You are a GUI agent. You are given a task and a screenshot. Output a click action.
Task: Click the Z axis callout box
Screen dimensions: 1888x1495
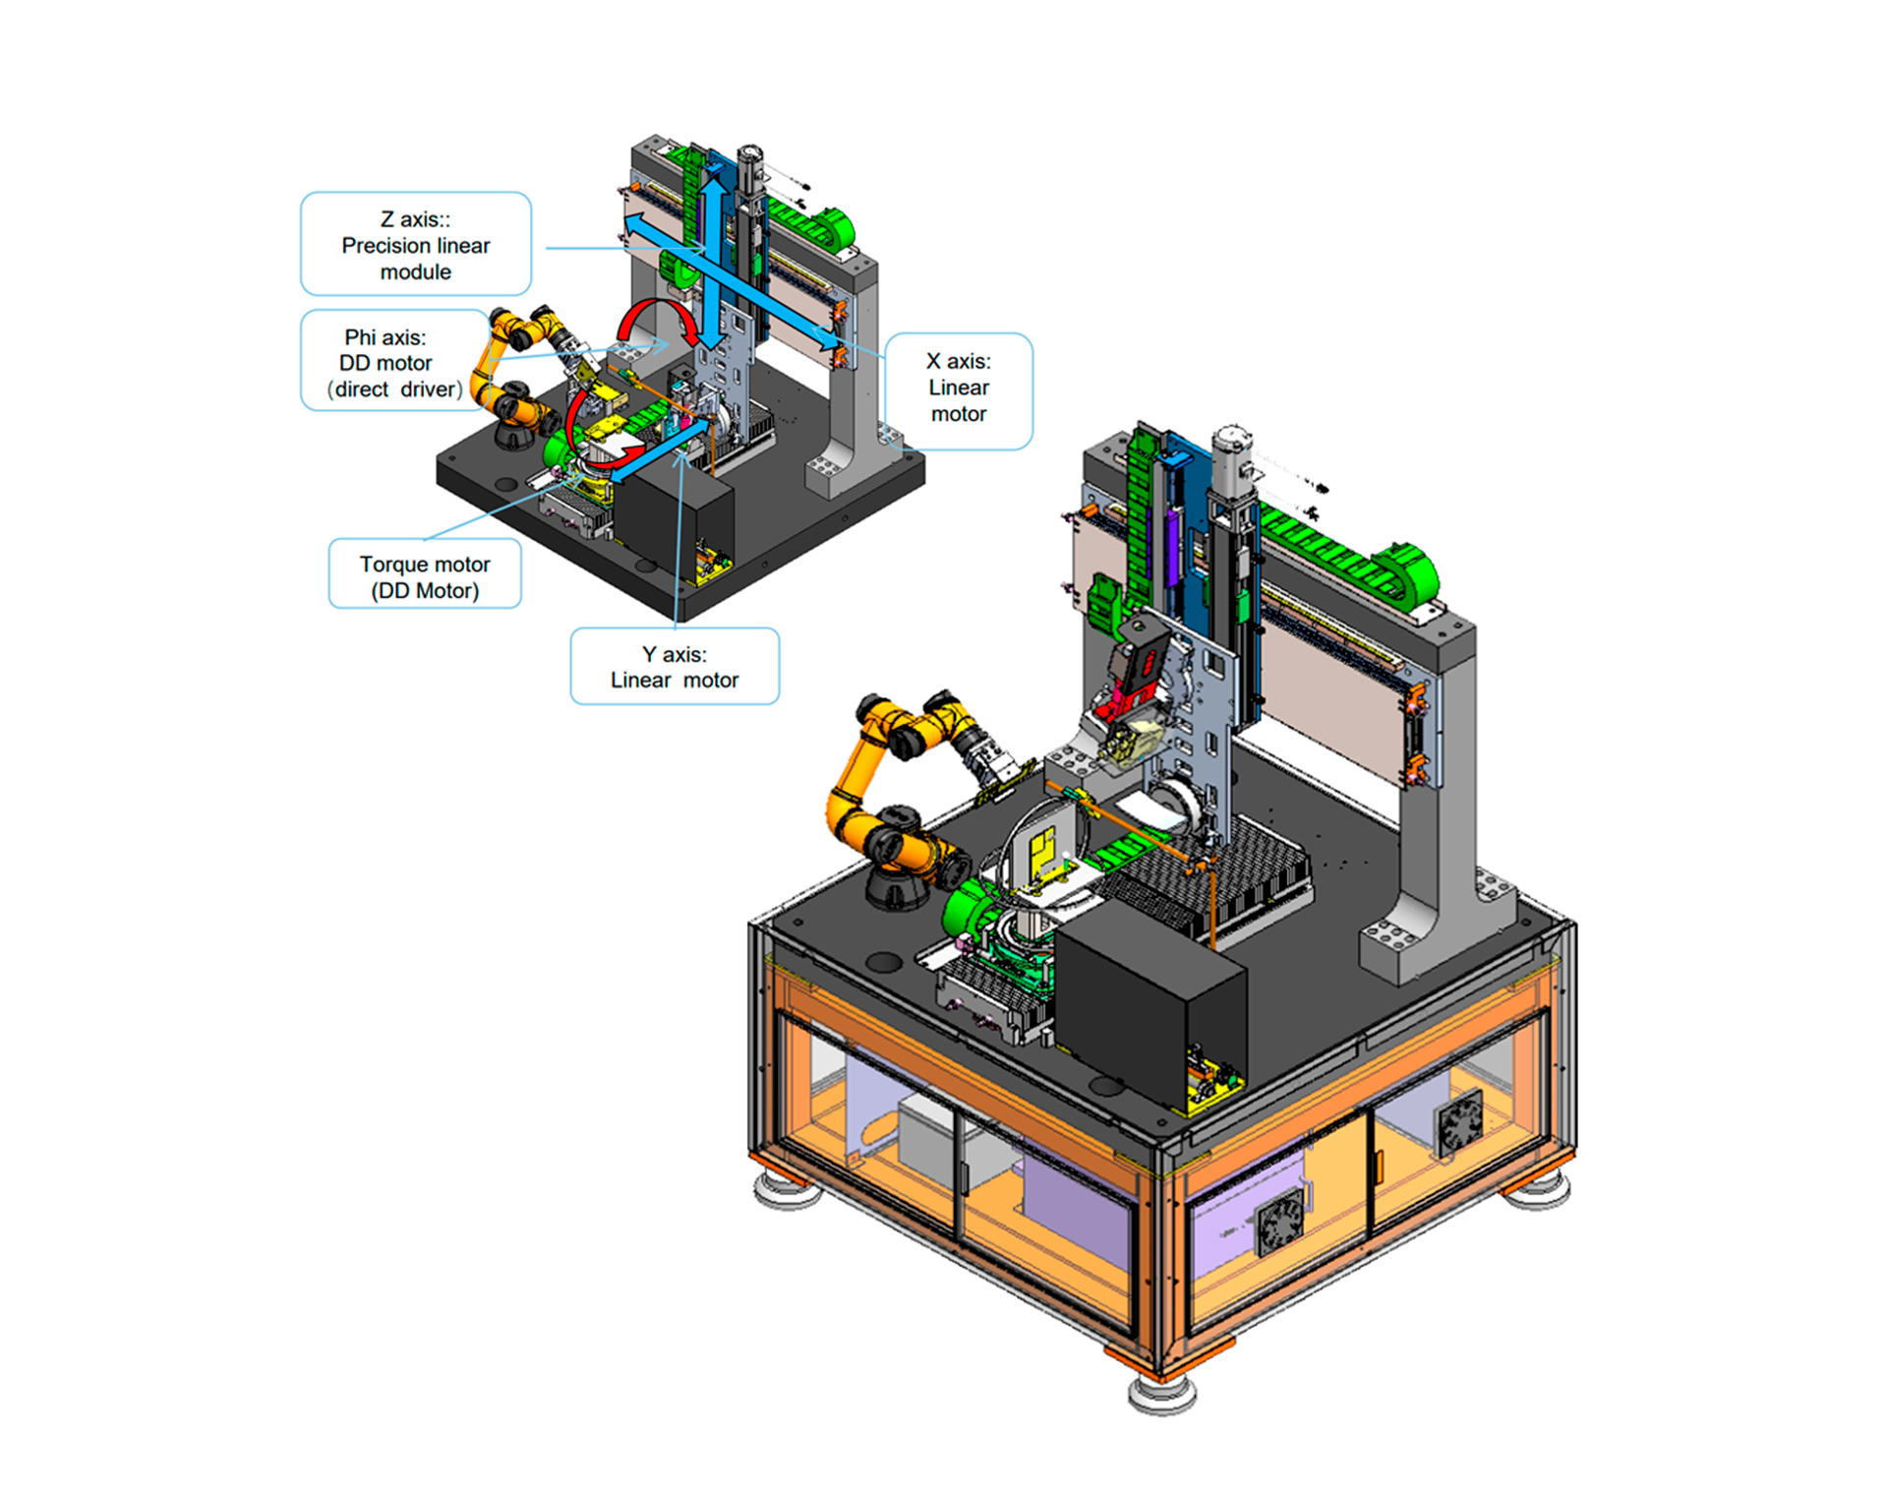[416, 244]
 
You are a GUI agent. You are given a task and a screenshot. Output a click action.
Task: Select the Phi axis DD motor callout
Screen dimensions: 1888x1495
[393, 360]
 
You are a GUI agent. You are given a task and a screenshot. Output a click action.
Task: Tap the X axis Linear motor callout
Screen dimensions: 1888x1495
[959, 390]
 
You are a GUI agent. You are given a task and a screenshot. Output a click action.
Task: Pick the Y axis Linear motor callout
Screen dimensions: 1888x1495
[675, 666]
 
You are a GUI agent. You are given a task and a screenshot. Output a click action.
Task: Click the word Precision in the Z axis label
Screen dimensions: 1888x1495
[386, 246]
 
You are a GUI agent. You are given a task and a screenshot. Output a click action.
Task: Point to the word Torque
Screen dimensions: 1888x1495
[392, 564]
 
